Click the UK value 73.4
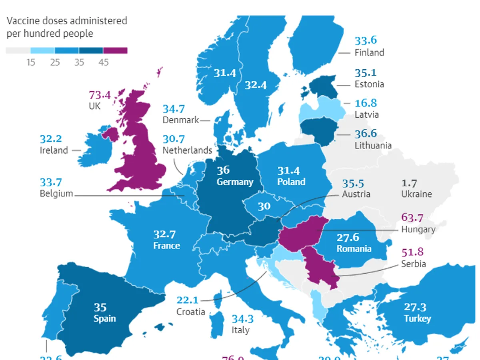pos(100,96)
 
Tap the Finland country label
pos(369,53)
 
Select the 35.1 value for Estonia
pos(366,73)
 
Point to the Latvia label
pos(367,114)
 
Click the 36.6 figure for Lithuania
pos(366,134)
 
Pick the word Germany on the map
pos(235,182)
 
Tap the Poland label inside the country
pos(291,182)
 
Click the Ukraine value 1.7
pos(409,184)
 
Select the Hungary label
pos(418,229)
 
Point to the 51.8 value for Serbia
pos(412,252)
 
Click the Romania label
pos(354,249)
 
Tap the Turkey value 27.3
pos(415,307)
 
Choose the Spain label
pos(104,319)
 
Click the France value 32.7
pos(164,234)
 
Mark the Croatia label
pos(190,312)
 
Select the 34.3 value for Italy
pos(243,319)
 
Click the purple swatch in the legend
pos(115,50)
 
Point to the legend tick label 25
pos(55,62)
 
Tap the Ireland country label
pos(54,150)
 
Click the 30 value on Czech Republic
pos(264,206)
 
